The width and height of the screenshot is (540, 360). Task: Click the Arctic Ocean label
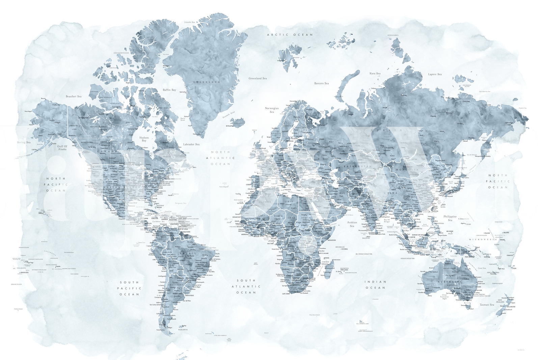290,35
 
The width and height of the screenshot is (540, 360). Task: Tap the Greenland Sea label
258,78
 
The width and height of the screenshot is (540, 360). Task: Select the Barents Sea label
321,83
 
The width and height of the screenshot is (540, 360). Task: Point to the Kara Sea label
375,73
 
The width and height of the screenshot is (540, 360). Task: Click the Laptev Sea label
435,74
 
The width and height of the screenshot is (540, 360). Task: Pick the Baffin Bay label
169,90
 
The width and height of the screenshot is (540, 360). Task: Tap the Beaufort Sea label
74,96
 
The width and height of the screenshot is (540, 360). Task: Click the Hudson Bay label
144,139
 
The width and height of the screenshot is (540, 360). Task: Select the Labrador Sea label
191,144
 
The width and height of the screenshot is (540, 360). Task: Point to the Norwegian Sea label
272,110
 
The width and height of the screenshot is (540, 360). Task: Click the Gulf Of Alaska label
62,147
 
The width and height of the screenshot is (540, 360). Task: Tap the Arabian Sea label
352,224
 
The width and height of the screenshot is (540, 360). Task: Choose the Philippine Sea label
450,218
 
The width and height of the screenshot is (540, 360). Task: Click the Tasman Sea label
487,305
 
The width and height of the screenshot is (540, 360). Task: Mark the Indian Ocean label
375,285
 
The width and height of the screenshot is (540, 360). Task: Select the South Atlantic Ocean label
246,286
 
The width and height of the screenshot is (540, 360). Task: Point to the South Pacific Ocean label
129,288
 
